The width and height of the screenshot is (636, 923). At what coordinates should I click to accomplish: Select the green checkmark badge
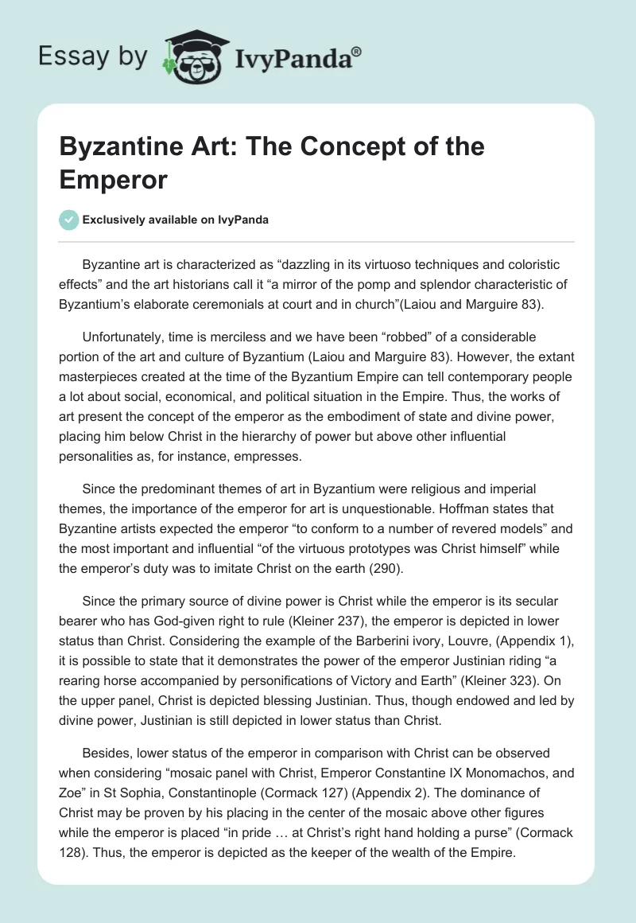click(x=68, y=220)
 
